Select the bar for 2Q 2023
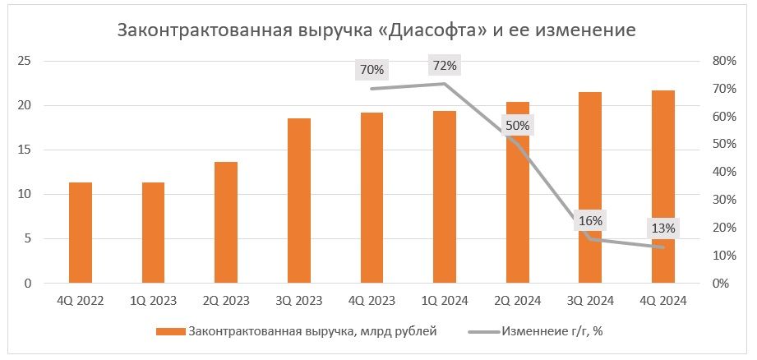226,223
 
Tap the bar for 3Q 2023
299,201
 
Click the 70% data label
372,70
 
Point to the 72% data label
445,65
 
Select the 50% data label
518,126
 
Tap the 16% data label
590,220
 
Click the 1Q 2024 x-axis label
445,301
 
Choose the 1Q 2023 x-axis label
153,301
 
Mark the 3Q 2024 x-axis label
590,301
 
